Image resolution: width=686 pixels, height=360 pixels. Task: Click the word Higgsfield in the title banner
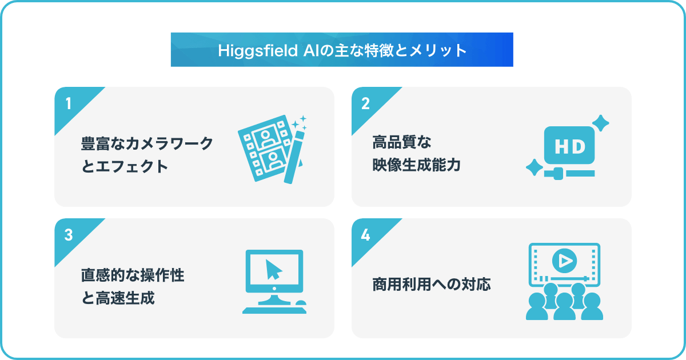tap(258, 50)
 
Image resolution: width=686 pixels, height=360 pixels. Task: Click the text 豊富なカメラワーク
tap(147, 143)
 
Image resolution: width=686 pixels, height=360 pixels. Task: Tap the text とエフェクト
tap(125, 166)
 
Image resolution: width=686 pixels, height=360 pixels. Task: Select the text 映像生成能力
tap(417, 165)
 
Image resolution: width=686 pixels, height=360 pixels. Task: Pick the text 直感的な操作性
tap(133, 275)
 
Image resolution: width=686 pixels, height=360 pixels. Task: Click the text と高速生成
tap(118, 298)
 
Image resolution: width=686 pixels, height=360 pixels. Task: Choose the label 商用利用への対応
tap(432, 285)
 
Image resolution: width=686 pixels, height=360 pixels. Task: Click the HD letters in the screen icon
tap(570, 147)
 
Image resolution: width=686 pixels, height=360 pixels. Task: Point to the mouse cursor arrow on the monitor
tap(273, 270)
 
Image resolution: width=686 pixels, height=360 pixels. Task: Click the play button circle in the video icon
tap(564, 261)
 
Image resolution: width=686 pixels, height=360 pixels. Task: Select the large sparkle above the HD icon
tap(601, 123)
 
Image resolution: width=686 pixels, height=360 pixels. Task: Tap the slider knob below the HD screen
tap(559, 174)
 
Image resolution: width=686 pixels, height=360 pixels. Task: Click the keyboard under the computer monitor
tap(274, 311)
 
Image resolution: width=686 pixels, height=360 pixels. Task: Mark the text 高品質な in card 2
tap(402, 142)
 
